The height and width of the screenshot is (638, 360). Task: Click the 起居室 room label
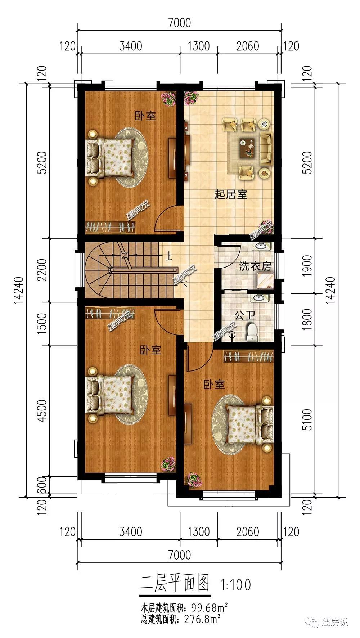point(231,195)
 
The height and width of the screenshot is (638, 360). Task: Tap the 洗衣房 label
point(255,266)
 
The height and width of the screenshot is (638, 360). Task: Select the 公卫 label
point(245,316)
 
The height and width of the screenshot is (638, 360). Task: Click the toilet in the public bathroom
point(252,332)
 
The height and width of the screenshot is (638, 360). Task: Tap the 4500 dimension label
point(42,411)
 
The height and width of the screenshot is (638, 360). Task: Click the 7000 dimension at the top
point(179,23)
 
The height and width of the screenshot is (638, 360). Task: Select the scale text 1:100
point(236,585)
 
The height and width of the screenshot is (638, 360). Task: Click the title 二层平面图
point(175,583)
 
